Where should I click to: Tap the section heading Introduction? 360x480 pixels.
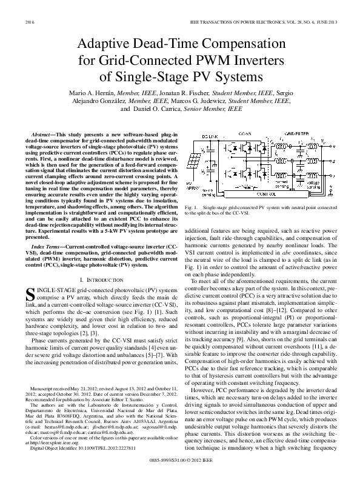[102, 262]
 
